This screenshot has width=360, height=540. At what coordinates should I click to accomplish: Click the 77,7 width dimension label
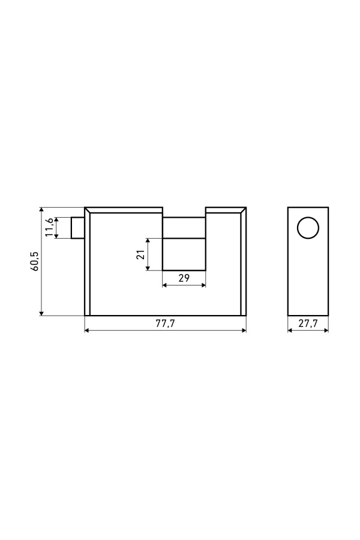(166, 324)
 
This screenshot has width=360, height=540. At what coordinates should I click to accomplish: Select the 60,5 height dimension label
(36, 262)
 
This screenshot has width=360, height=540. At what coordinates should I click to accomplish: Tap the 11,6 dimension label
(50, 227)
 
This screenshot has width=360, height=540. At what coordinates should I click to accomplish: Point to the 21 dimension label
(140, 255)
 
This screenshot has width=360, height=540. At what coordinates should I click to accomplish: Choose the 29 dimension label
(184, 278)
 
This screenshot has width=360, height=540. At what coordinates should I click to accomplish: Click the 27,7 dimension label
(308, 324)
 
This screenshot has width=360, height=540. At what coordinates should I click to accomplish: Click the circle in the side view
(308, 227)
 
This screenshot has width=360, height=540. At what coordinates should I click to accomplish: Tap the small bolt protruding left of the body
(78, 227)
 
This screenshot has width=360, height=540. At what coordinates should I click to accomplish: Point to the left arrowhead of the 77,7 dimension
(87, 331)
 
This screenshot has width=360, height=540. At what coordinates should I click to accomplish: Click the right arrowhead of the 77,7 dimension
(244, 331)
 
